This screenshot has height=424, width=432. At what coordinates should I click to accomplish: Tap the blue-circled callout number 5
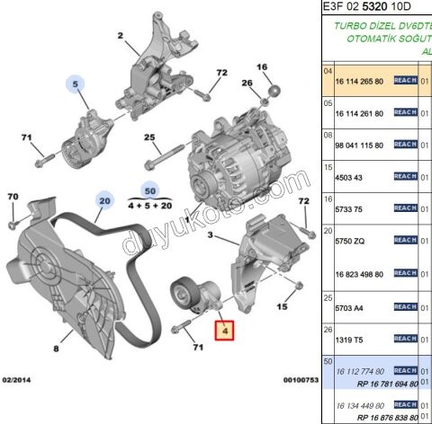tap(76, 86)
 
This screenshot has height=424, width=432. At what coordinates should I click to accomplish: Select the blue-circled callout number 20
tap(105, 201)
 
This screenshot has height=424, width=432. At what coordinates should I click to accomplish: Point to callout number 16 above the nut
tap(262, 67)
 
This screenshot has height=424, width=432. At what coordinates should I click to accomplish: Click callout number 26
tap(247, 84)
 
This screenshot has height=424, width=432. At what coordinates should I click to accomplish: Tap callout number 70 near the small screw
tap(13, 197)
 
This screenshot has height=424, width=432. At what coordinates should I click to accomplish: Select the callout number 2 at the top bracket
tap(120, 36)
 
